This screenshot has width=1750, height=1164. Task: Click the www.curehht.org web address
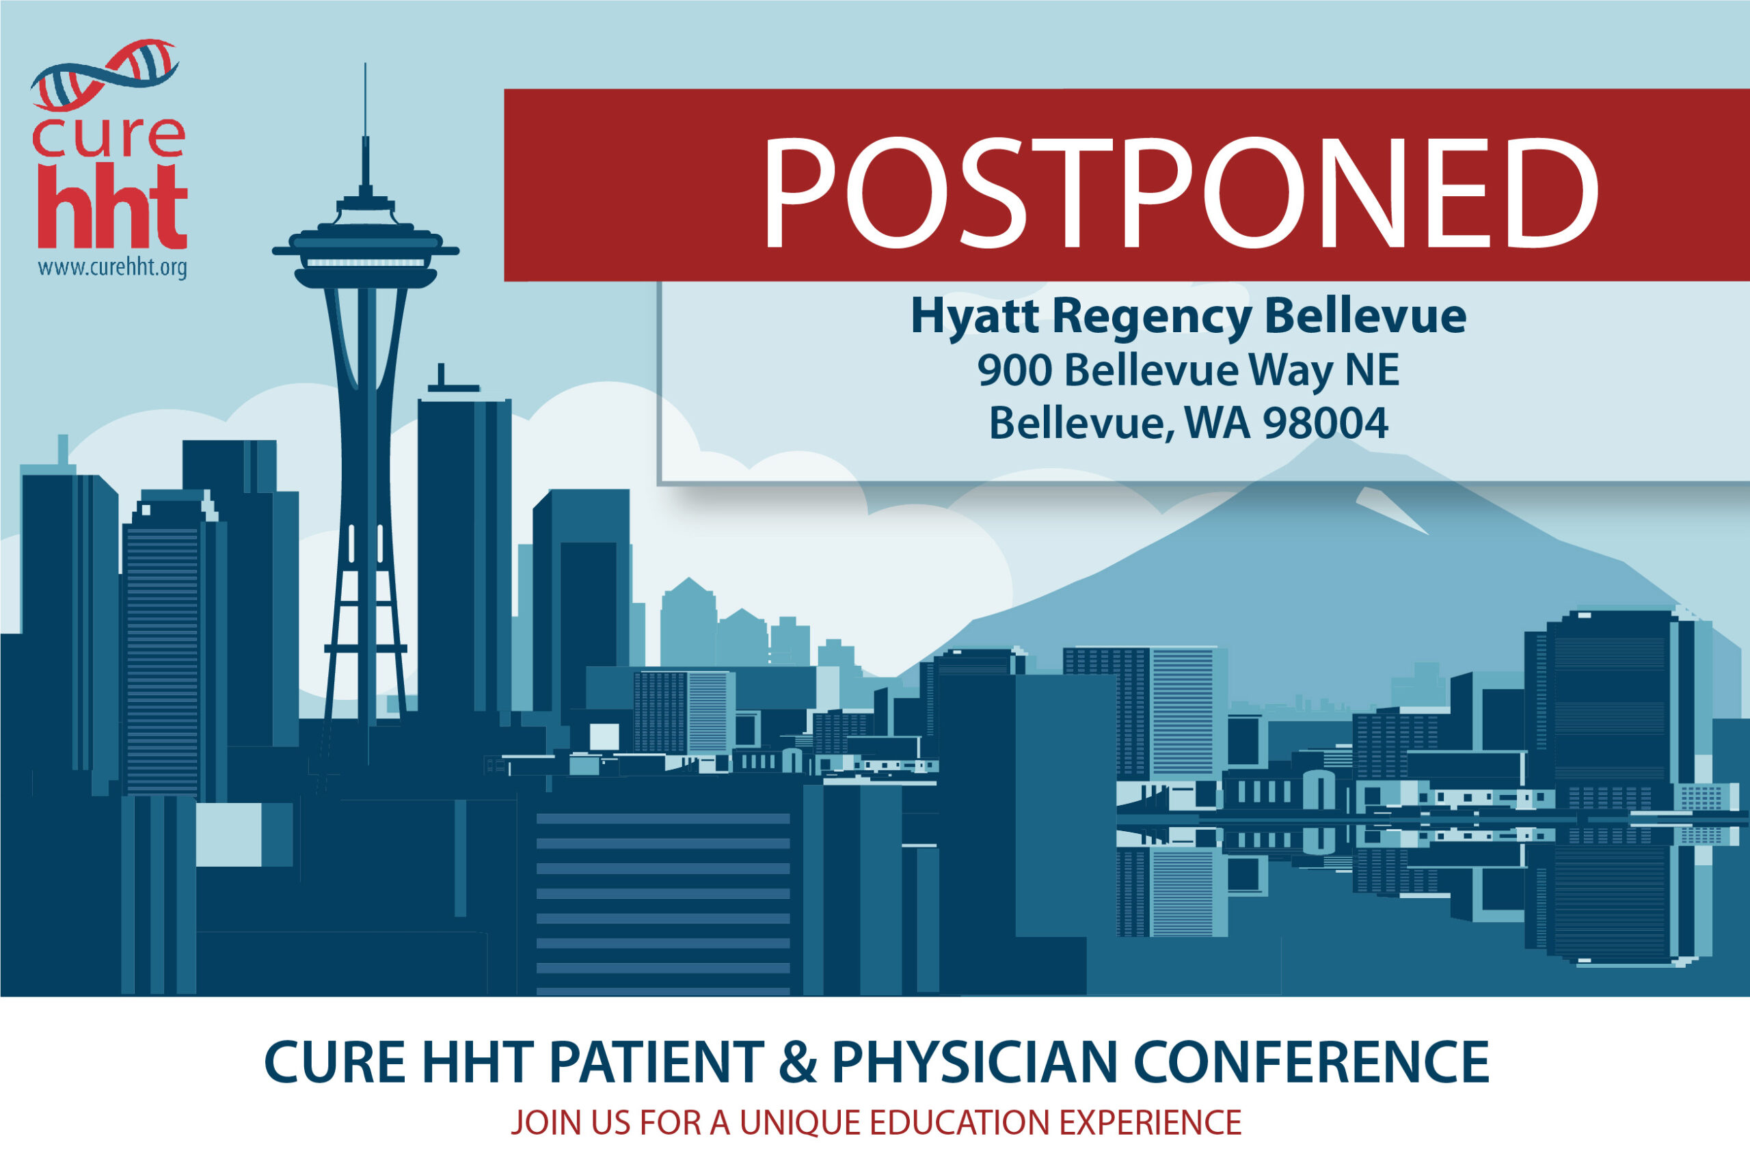[x=112, y=267]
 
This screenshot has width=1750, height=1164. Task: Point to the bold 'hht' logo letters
[x=112, y=206]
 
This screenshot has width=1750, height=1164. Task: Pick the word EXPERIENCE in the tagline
[x=1150, y=1122]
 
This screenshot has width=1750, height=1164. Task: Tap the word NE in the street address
[x=1377, y=370]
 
